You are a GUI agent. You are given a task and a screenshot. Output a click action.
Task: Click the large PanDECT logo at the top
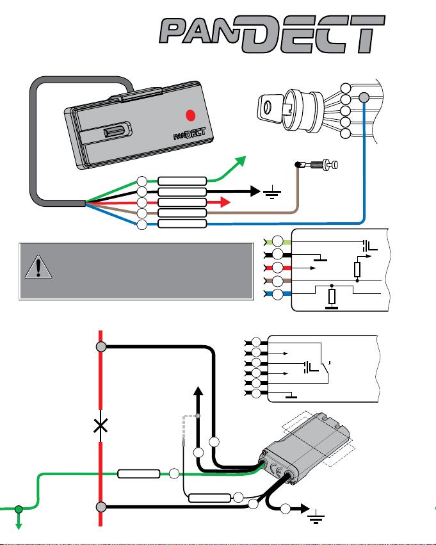coord(272,33)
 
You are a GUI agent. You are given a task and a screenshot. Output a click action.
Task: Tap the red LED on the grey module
coord(190,115)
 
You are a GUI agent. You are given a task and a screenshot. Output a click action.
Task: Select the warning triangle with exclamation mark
coord(38,267)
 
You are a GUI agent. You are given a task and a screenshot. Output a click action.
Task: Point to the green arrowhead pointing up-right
coord(240,161)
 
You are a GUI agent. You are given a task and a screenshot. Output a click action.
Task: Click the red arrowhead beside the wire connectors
coord(225,202)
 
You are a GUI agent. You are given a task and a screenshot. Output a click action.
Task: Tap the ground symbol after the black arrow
coord(272,192)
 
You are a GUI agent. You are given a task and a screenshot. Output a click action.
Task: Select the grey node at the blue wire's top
coord(364,97)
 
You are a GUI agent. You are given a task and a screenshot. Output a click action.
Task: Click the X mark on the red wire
coord(101,425)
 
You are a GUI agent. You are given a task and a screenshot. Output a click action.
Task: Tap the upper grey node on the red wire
coord(101,346)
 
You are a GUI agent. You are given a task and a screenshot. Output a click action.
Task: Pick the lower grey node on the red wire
coord(101,507)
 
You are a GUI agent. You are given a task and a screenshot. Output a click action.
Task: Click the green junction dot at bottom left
coord(19,510)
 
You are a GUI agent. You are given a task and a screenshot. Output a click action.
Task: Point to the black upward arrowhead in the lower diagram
coord(198,391)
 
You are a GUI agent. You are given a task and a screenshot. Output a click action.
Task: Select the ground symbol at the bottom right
coord(316,516)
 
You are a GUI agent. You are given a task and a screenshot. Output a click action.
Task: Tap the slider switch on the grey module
coord(113,133)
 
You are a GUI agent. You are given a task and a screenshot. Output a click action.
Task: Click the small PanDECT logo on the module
coord(190,133)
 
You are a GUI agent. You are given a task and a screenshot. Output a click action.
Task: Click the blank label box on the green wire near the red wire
coord(139,474)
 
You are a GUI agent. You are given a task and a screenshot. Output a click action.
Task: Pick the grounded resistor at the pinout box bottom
coord(332,297)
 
